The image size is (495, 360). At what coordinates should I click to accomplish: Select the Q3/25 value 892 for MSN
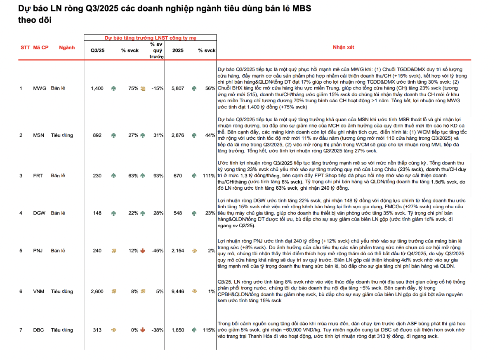point(97,135)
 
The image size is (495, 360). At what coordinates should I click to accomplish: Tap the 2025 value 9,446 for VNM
point(177,292)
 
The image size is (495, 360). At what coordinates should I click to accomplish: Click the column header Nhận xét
point(344,47)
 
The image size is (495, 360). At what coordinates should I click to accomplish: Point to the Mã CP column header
point(40,47)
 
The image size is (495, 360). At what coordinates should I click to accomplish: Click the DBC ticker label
point(39,330)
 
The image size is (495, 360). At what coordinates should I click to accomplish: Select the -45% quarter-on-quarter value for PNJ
point(157,251)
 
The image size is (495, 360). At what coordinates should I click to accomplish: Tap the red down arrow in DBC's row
point(143,330)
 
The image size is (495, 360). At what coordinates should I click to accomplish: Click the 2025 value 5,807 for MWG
point(177,88)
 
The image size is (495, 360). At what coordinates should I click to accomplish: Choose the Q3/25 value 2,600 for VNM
point(97,292)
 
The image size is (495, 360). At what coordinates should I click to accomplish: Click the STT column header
point(25,47)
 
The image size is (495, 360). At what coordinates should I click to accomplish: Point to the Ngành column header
point(67,47)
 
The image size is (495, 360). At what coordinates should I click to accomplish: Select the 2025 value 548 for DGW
point(177,213)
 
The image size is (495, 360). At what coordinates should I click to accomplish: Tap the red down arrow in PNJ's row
point(143,251)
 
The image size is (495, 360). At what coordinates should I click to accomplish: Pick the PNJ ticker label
point(39,251)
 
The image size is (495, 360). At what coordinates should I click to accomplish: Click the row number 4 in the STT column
point(21,213)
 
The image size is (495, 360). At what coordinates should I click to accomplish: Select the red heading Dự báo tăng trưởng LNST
point(150,38)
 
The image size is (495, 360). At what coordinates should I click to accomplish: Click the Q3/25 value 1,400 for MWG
point(97,88)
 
